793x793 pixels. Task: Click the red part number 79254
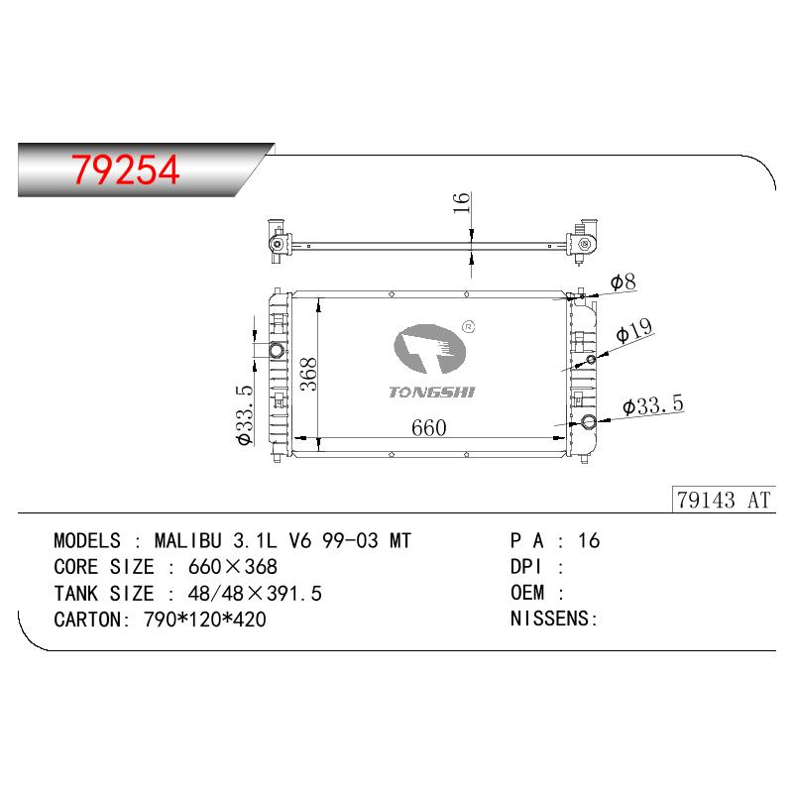point(126,170)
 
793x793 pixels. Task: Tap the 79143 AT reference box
point(724,500)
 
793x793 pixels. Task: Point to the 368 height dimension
point(308,375)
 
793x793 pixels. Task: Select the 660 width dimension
point(429,428)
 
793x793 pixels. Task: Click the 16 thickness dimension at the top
point(462,203)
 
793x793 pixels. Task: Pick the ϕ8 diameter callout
point(623,283)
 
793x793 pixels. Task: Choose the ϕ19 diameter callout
point(634,330)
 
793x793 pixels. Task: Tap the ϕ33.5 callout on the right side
point(653,405)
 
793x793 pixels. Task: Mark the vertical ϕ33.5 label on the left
point(245,414)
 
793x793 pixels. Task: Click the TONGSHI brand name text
point(432,392)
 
